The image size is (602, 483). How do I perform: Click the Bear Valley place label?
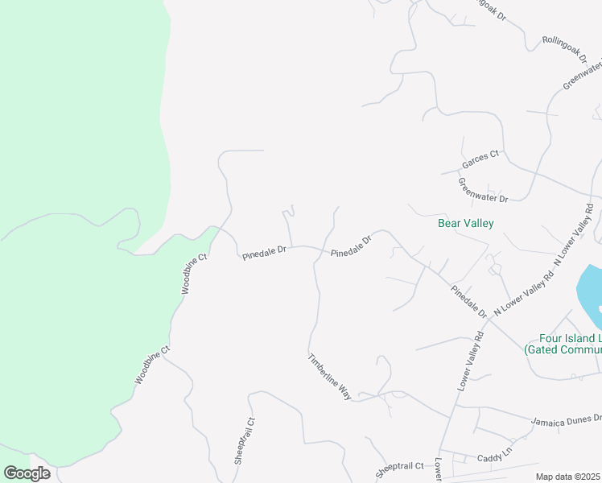pos(465,223)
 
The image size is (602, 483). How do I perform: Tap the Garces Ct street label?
pos(480,159)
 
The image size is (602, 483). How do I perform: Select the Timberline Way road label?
pos(330,376)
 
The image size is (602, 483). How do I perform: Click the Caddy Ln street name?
pos(494,456)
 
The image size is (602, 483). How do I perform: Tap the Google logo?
pos(27,473)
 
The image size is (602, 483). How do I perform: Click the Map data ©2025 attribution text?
pos(568,477)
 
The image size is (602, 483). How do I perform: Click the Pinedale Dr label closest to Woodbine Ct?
pos(265,253)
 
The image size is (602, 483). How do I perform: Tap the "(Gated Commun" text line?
pos(562,350)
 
